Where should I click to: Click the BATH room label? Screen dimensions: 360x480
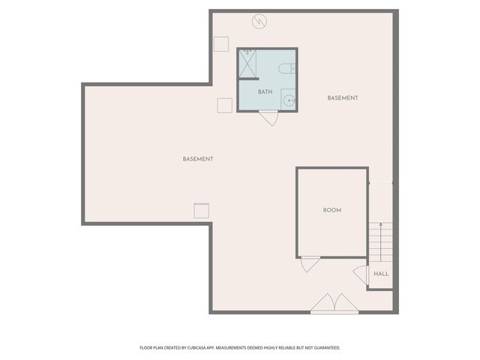pos(265,92)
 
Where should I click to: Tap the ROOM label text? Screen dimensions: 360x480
pos(332,210)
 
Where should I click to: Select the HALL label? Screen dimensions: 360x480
pos(381,274)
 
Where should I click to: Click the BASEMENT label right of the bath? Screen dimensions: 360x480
pos(343,98)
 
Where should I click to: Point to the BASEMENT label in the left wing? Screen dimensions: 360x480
pos(198,159)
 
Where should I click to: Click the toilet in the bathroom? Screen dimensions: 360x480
pos(286,69)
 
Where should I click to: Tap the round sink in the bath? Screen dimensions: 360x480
pos(288,99)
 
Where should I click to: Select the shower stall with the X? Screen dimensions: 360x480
pos(247,63)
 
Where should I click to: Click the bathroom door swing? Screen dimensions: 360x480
pos(269,118)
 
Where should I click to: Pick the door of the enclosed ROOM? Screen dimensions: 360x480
pos(310,264)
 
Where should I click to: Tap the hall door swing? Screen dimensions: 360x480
pos(361,275)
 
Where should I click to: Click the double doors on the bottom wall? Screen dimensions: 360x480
pos(334,303)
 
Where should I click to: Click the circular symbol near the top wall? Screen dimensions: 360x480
pos(260,21)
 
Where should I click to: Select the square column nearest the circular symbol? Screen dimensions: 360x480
pos(220,43)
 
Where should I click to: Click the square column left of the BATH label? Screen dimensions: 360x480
pos(224,105)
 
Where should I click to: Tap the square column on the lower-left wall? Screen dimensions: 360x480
pos(201,211)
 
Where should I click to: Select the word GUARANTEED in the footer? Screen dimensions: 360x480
pos(323,348)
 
